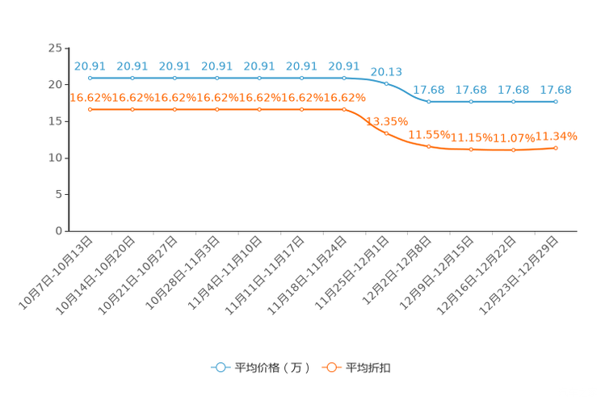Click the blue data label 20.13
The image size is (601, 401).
coord(386,72)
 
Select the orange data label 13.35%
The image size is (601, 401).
coord(387,121)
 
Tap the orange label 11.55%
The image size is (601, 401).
coord(429,135)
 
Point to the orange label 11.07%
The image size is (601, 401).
coord(514,137)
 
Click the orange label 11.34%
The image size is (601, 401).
coord(556,136)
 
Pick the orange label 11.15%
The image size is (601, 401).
coord(471,137)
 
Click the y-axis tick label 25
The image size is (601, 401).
coord(55,48)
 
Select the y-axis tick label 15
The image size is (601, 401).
coord(55,121)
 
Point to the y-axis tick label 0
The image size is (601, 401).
coord(59,231)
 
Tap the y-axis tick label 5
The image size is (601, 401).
coord(59,195)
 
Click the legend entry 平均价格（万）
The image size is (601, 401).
coord(260,368)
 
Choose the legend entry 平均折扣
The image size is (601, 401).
coord(356,368)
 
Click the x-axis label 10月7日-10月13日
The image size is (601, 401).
coord(56,272)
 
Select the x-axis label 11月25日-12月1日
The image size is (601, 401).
coord(352,272)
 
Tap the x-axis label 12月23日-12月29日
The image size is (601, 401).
coord(519,276)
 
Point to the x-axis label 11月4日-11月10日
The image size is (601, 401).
coord(225,272)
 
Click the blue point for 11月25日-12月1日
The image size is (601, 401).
coord(386,83)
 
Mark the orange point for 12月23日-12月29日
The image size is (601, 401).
coord(556,148)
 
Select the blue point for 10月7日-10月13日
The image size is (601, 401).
coord(90,78)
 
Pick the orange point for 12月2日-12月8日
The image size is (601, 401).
coord(429,146)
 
